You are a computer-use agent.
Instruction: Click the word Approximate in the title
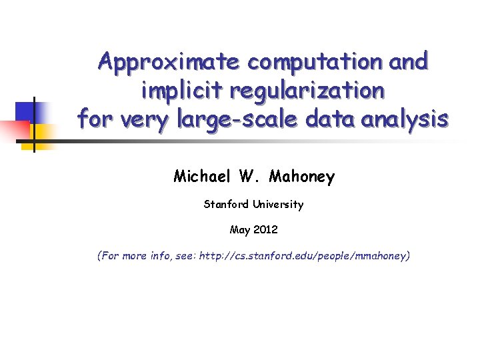coord(169,62)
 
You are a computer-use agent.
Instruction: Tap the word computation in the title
coord(313,62)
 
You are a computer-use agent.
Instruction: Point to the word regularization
coord(305,91)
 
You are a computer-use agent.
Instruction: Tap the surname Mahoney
coord(303,177)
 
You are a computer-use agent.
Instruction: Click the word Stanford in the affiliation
coord(226,205)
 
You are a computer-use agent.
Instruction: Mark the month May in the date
coord(239,230)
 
